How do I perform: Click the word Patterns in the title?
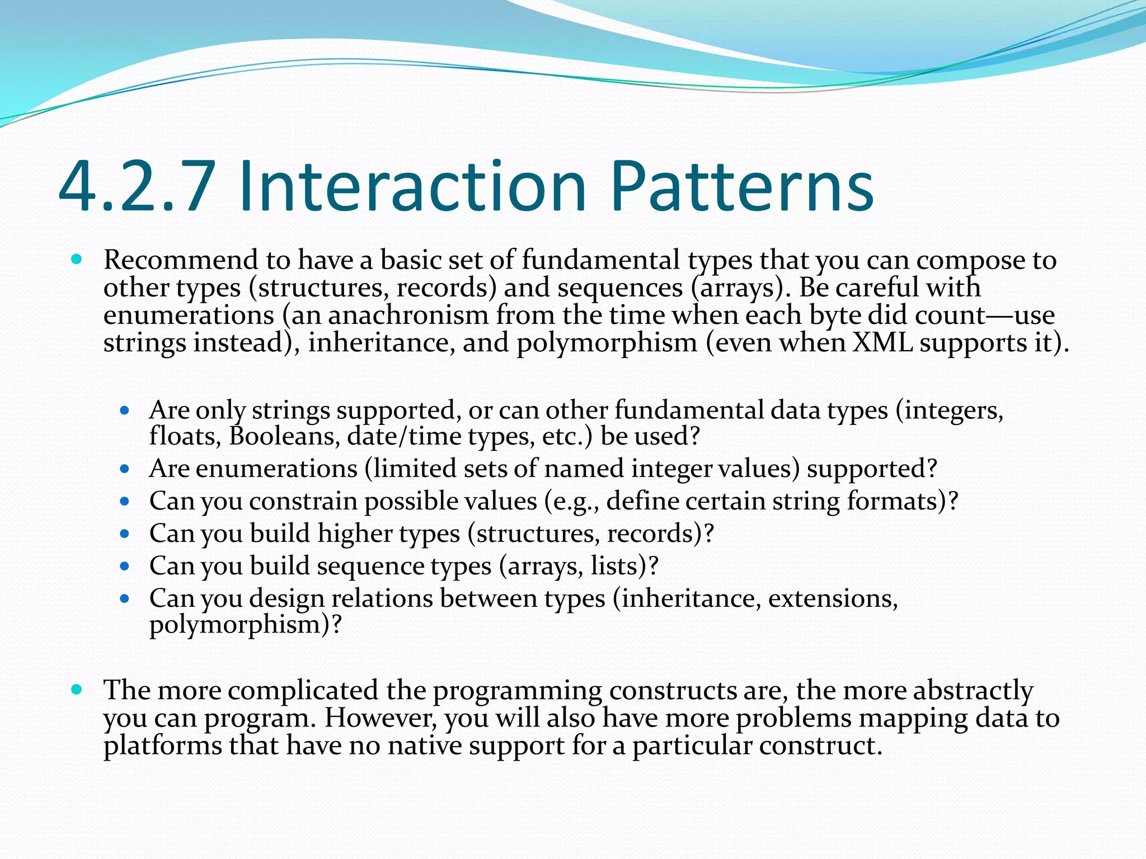point(742,187)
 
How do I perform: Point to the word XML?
point(882,343)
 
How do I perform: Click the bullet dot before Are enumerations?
point(125,469)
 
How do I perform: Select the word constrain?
point(303,501)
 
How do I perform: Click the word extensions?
point(833,598)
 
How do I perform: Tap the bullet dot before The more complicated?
point(77,690)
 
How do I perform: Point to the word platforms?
point(163,746)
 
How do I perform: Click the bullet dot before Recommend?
point(77,259)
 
